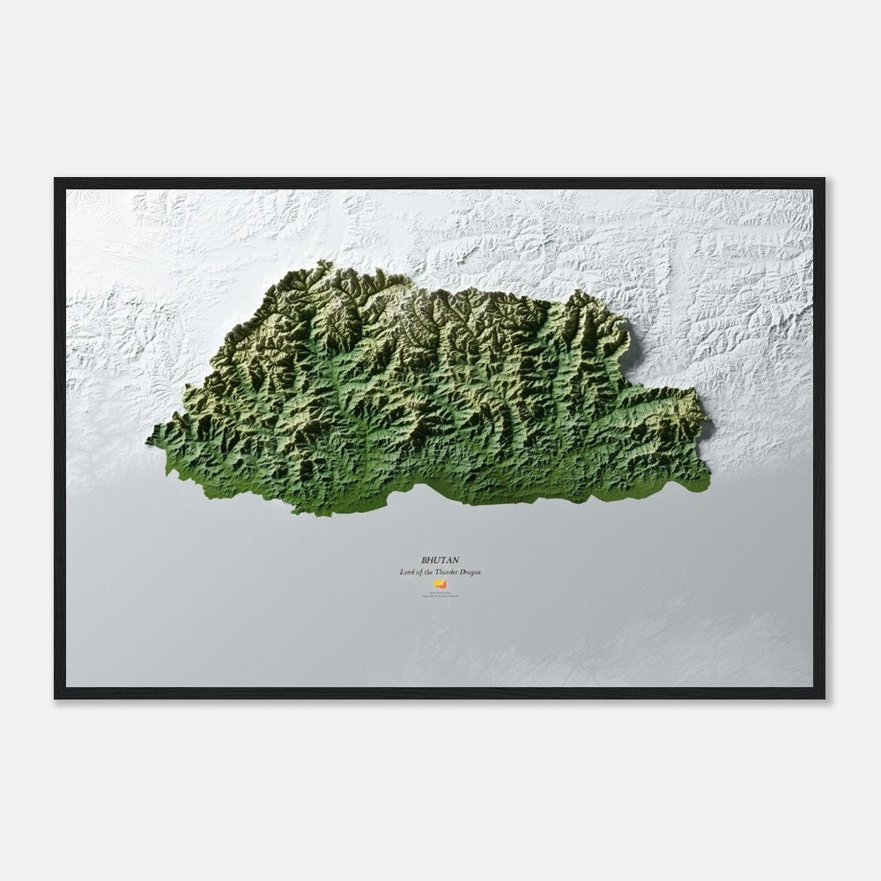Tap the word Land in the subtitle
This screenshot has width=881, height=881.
coord(406,573)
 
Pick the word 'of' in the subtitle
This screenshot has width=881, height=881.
coord(419,573)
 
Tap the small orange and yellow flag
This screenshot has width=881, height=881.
coord(440,583)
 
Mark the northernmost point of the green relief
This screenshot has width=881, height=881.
coord(323,261)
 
